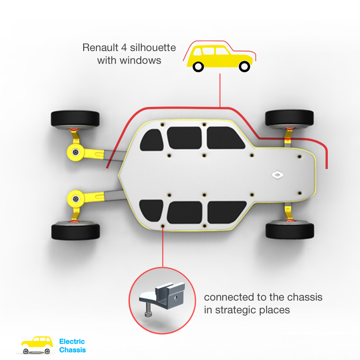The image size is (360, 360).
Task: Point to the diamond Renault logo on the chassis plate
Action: pos(278,175)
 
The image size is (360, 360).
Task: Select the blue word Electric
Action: pos(72,342)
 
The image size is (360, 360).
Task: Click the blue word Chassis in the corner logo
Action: pos(73,350)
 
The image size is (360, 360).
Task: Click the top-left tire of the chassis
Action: pos(75,119)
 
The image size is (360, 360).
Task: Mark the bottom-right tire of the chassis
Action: pos(290,230)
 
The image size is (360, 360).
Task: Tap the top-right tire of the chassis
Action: pos(290,118)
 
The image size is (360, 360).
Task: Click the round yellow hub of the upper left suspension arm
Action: pos(76,152)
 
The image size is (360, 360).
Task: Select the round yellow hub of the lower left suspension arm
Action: pos(76,199)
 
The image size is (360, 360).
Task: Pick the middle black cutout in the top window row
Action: pos(184,137)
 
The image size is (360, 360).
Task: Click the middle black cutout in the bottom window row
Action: pos(184,213)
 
